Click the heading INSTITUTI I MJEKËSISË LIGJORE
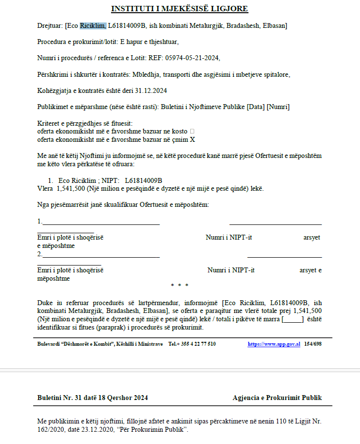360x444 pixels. tap(180, 9)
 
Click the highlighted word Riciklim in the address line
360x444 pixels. tap(92, 25)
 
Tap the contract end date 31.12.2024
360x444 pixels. tap(147, 90)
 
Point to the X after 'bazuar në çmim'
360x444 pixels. tap(192, 139)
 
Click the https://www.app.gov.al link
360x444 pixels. tap(274, 344)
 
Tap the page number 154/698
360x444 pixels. tap(313, 344)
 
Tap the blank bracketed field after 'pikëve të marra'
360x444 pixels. tap(292, 319)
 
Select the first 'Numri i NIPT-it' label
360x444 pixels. tap(229, 238)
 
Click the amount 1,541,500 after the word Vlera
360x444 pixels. tap(71, 188)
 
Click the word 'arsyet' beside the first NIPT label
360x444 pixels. tap(312, 238)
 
